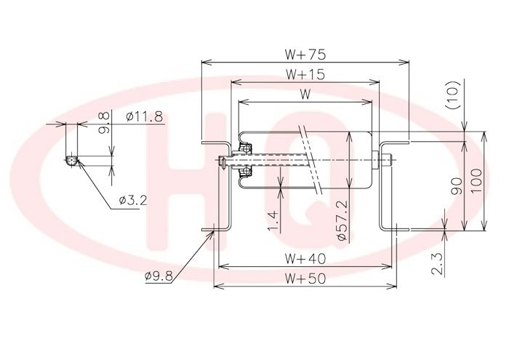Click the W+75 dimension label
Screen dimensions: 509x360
(305, 55)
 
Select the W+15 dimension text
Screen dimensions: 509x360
(305, 75)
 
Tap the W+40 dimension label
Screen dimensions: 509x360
(305, 259)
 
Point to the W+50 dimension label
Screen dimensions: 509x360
(305, 279)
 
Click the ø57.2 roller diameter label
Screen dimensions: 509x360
(342, 220)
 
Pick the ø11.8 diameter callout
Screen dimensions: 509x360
(145, 116)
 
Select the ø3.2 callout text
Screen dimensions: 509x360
(133, 201)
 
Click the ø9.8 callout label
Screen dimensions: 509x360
(159, 276)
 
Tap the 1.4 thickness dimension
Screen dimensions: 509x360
(273, 221)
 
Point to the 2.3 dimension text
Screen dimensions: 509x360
(437, 263)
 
